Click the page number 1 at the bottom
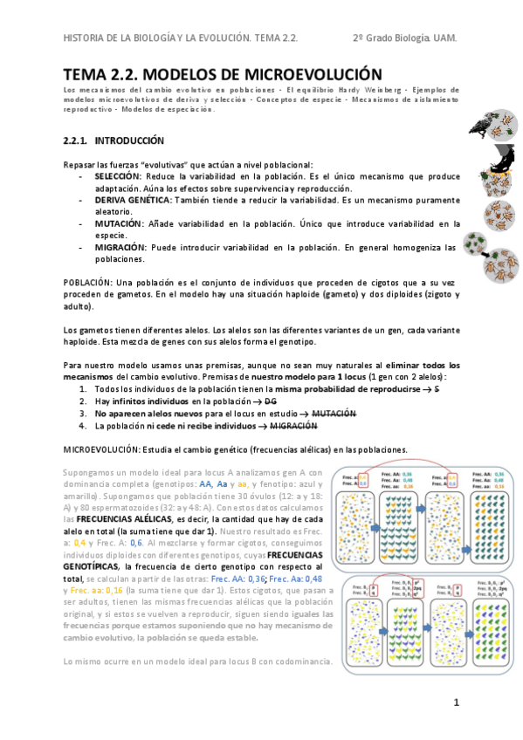click(456, 702)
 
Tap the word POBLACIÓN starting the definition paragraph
click(86, 283)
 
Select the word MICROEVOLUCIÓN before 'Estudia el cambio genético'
click(103, 449)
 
